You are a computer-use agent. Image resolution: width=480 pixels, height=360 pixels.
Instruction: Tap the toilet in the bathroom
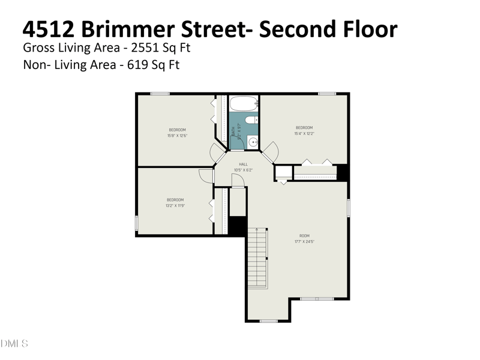click(x=251, y=120)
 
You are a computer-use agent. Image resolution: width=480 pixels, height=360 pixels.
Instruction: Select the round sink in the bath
click(x=253, y=142)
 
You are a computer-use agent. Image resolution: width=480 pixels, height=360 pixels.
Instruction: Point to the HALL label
click(x=243, y=164)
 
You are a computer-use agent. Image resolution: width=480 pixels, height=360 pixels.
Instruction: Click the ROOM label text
click(x=304, y=236)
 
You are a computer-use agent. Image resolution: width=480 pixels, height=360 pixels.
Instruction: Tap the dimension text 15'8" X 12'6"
click(x=177, y=136)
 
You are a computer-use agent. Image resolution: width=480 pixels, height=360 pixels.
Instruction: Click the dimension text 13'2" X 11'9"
click(x=175, y=205)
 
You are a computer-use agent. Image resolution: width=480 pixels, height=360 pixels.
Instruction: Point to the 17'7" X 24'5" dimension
click(x=304, y=242)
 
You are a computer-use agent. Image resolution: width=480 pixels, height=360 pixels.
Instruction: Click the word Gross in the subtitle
click(x=38, y=47)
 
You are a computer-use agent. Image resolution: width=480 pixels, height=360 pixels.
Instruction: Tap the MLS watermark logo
click(x=14, y=344)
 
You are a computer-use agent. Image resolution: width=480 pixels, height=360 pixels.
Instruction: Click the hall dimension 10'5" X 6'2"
click(x=243, y=170)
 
